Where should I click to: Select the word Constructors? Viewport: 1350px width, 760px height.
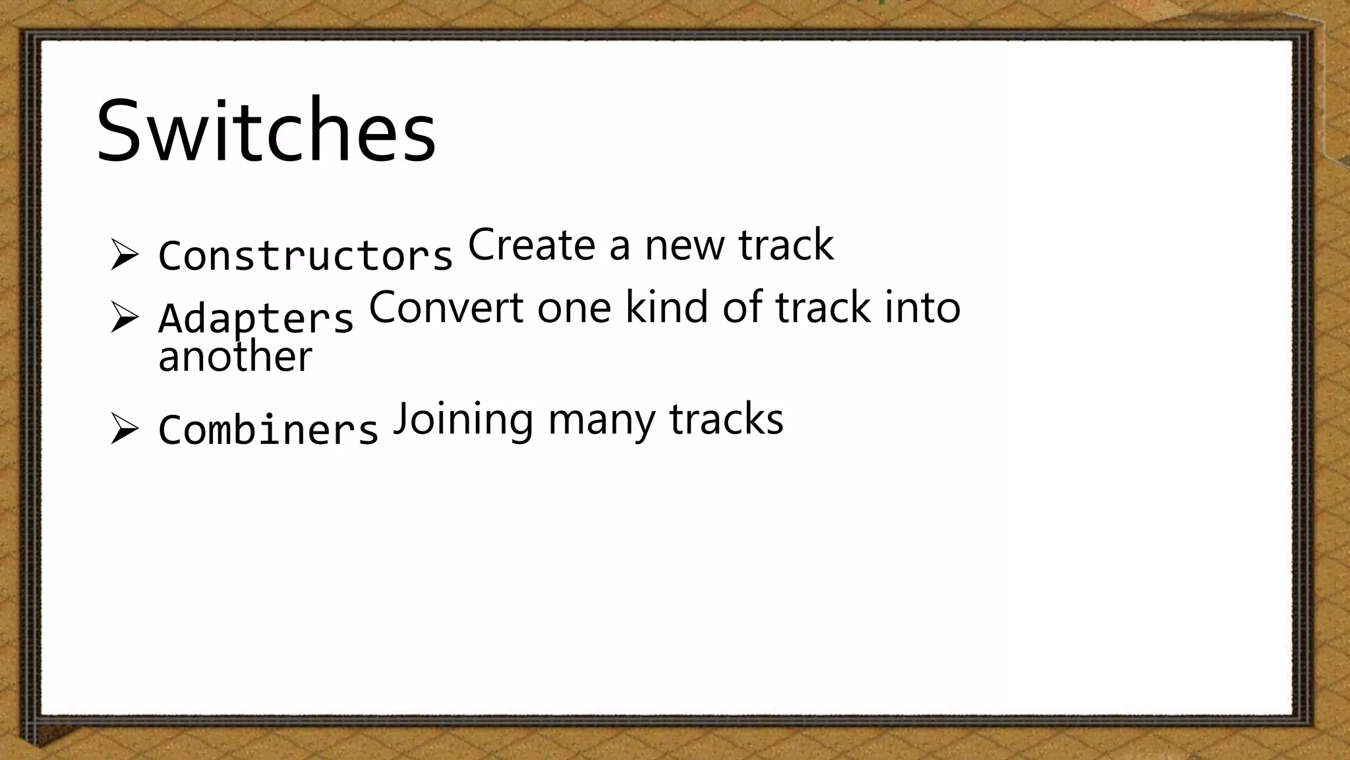tap(305, 256)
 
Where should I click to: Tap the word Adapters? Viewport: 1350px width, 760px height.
tap(256, 319)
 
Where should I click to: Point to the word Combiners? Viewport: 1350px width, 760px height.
tap(268, 430)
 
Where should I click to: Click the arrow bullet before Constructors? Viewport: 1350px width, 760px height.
tap(124, 255)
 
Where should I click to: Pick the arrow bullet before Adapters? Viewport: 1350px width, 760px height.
tap(124, 317)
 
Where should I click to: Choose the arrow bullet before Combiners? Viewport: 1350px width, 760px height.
tap(124, 429)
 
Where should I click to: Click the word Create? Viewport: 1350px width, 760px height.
tap(531, 245)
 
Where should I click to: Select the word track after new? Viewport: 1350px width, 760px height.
tap(786, 245)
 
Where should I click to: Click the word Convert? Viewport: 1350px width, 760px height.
tap(446, 307)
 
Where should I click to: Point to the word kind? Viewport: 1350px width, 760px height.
tap(666, 307)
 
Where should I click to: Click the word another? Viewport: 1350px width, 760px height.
tap(235, 358)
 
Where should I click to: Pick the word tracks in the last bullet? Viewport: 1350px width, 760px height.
tap(726, 420)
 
